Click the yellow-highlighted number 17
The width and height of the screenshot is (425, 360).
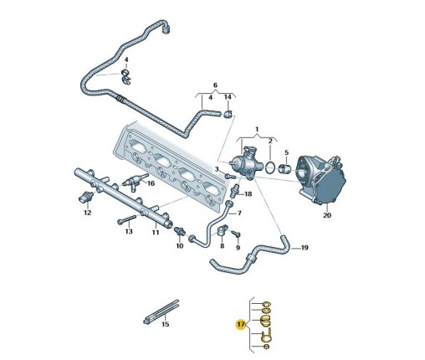(241, 324)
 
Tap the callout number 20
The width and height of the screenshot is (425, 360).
(327, 215)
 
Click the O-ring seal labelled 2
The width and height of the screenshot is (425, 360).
(269, 167)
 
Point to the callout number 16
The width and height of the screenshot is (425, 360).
(151, 183)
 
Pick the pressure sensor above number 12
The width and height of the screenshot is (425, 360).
(84, 198)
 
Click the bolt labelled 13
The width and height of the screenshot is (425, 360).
(126, 219)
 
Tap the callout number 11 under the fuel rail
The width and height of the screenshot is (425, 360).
(156, 232)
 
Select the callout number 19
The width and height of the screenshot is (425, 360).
(305, 248)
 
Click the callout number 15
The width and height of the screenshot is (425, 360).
(166, 324)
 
